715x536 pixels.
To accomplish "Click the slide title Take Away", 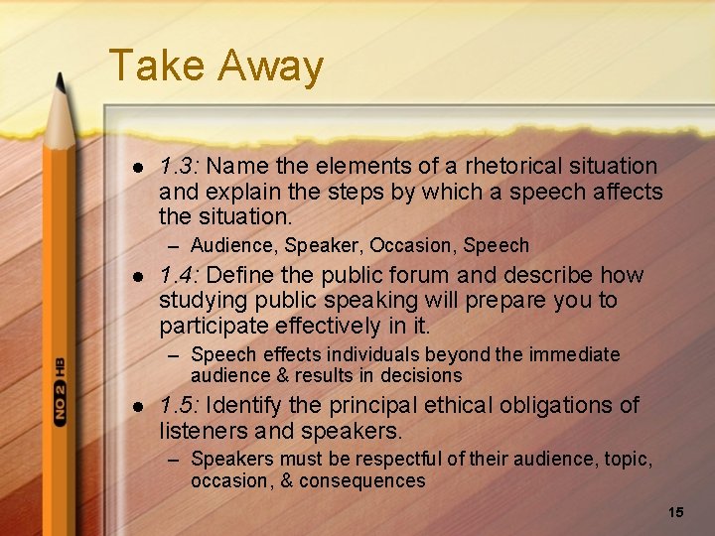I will (x=215, y=67).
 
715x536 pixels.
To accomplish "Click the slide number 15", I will (x=676, y=512).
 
